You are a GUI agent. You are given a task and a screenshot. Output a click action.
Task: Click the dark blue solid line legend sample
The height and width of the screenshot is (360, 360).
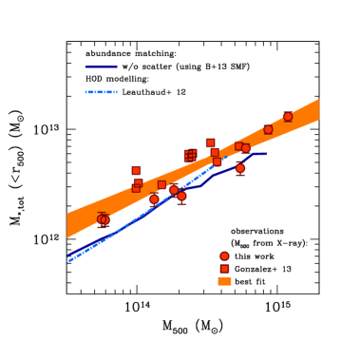101,67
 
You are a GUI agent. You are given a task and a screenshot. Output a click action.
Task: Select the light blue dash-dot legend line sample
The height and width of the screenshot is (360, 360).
101,92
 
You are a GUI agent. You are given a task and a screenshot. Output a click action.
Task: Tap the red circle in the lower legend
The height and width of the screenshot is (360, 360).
224,256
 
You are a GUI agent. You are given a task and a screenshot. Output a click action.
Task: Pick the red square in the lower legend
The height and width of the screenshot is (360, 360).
224,269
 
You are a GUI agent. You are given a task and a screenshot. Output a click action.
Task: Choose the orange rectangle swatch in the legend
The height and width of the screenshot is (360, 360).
224,281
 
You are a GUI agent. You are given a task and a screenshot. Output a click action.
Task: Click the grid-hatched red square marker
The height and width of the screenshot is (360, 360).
190,155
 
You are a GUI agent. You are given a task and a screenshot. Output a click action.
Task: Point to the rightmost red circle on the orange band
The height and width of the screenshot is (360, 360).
288,117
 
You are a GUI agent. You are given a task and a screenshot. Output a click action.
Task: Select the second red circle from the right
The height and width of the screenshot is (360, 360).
268,129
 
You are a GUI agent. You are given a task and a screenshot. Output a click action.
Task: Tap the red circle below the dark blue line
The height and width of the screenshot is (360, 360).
240,168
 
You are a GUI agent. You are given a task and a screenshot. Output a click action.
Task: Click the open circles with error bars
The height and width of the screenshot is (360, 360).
103,219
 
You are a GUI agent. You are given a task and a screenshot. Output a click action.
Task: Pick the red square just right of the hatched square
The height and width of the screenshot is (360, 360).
210,142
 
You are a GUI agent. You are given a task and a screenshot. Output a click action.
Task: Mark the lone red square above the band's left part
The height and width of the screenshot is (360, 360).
136,171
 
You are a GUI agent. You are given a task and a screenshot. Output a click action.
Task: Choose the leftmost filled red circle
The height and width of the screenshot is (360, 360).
154,199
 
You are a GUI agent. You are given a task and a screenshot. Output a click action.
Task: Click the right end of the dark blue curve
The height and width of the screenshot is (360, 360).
267,153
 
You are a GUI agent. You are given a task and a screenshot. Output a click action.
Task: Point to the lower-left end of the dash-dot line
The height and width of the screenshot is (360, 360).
68,260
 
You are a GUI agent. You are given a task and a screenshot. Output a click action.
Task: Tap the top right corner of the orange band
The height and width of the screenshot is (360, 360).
318,101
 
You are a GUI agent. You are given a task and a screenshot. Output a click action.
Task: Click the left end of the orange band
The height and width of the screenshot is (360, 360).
68,226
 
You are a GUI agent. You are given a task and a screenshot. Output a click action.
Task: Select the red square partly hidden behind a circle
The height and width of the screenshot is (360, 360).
238,146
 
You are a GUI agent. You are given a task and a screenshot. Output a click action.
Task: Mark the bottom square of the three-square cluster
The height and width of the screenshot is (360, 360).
136,188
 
